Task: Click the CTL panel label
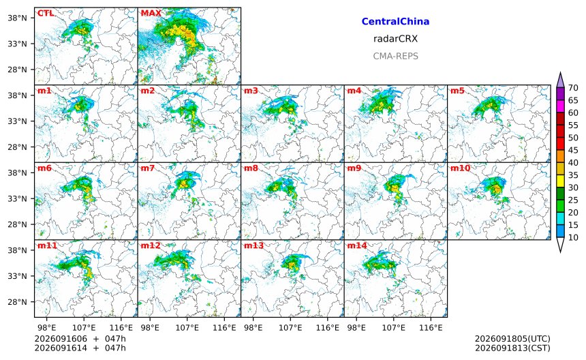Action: pos(46,14)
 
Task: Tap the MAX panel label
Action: pos(151,14)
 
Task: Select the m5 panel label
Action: pos(457,91)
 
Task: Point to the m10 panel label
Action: pos(460,168)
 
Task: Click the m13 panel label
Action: pos(253,245)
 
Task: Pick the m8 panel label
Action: pos(251,168)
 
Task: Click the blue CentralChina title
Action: pos(395,22)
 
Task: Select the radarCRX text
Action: pos(395,39)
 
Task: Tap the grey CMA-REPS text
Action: pos(395,56)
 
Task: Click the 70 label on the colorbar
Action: pos(573,88)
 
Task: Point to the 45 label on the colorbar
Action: pos(573,150)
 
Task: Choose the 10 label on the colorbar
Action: pos(573,237)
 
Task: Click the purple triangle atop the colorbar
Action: pos(560,80)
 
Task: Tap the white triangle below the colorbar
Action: pos(560,245)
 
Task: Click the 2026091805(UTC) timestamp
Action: pos(512,339)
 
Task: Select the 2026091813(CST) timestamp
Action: pos(512,348)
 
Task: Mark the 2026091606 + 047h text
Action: pos(80,339)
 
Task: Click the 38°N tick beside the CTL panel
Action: pos(18,18)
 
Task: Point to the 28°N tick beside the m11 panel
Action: pos(18,302)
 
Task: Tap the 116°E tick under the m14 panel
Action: pos(431,328)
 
